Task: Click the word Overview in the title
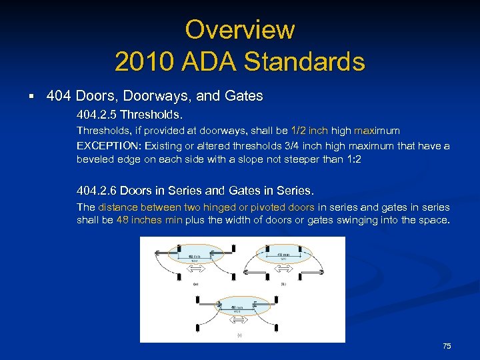[239, 30]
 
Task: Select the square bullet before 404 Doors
[32, 97]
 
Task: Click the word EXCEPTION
[109, 145]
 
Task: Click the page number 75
[447, 346]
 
